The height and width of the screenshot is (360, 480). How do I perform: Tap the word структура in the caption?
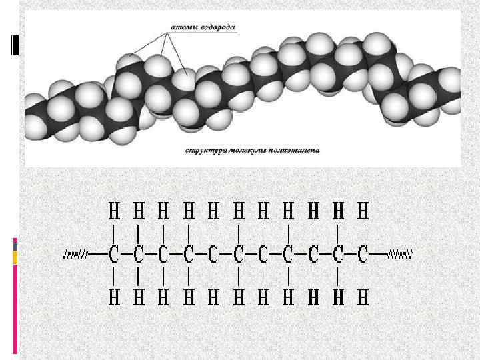tap(207, 150)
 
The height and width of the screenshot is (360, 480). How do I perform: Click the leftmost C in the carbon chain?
tap(115, 255)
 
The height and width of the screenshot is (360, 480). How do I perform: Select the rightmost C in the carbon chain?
tap(363, 255)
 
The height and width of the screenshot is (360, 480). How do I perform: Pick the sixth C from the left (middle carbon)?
tap(239, 255)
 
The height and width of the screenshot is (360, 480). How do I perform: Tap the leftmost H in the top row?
tap(115, 212)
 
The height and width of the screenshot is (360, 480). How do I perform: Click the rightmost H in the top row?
tap(363, 212)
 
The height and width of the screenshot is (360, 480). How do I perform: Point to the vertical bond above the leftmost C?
tap(115, 233)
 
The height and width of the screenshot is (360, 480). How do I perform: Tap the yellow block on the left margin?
tap(15, 257)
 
